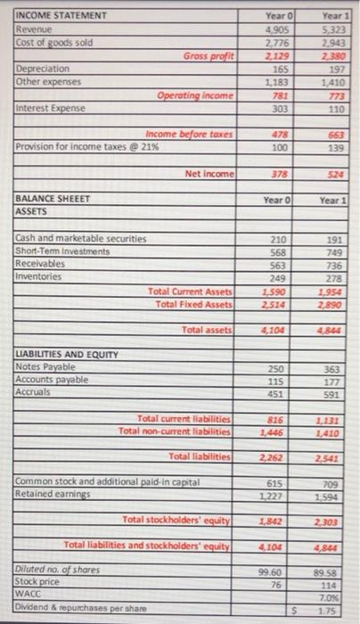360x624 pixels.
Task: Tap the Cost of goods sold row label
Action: pos(54,42)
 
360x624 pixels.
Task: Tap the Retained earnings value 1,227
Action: pos(277,497)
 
